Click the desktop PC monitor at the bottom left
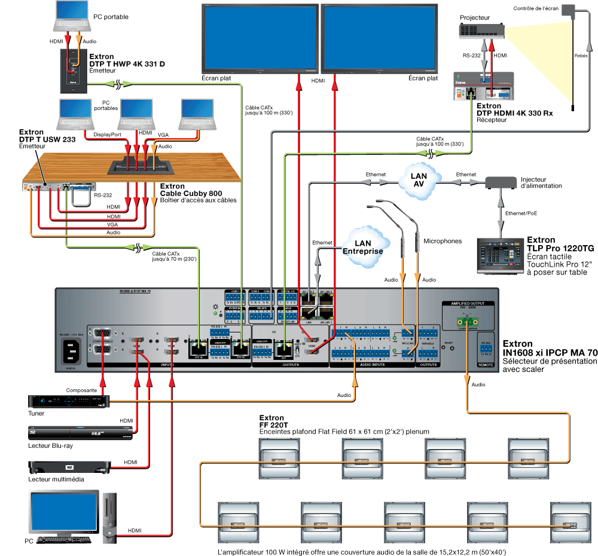coord(64,513)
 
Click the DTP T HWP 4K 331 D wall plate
coord(74,71)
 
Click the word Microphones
coord(443,241)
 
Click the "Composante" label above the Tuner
coord(82,389)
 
